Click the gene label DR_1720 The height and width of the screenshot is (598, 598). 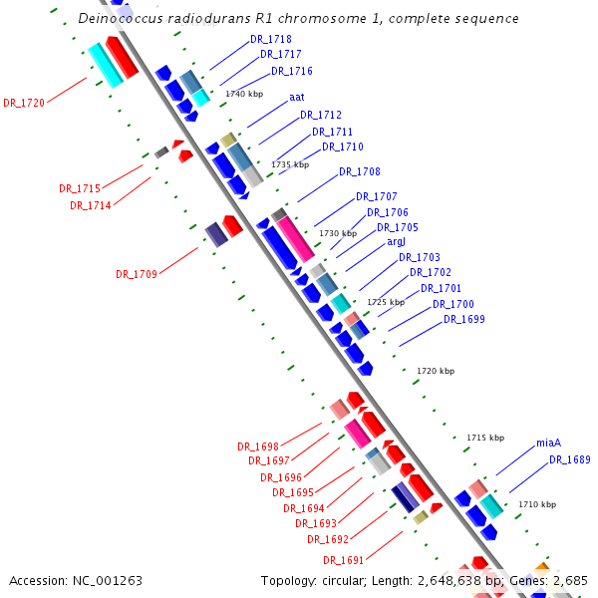[24, 103]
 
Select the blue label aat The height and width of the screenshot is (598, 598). [297, 98]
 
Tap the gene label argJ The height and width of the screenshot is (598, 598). [396, 242]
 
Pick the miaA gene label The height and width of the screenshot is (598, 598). [548, 443]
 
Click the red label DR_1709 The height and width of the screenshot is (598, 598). [137, 274]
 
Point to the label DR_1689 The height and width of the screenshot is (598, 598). [570, 459]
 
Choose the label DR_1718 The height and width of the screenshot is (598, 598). [271, 39]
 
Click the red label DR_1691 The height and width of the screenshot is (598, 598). [343, 560]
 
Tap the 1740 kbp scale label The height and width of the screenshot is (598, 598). [244, 94]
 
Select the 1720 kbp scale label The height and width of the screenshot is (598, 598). [436, 371]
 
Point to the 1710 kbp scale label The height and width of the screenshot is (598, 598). [537, 504]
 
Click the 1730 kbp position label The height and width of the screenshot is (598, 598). [338, 233]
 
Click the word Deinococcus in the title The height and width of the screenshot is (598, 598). [121, 18]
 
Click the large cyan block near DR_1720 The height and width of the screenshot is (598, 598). [106, 65]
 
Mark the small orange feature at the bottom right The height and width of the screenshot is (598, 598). [542, 566]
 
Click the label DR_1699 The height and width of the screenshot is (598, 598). [464, 319]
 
